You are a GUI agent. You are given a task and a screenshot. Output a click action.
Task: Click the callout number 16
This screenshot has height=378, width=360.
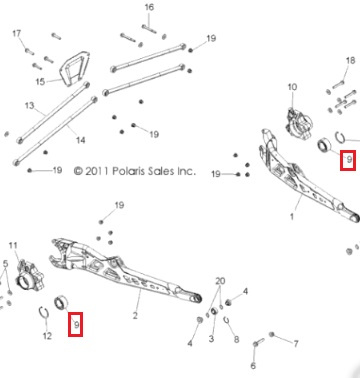[149, 7]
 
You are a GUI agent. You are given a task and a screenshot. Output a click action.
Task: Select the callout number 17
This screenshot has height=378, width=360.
[17, 34]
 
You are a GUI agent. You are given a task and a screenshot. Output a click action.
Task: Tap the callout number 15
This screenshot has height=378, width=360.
[40, 81]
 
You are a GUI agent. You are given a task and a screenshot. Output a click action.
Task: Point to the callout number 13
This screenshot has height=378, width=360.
[30, 106]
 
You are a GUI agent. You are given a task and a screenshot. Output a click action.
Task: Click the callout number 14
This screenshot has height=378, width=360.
[80, 140]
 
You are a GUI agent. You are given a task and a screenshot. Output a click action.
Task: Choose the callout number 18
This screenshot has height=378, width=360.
[350, 60]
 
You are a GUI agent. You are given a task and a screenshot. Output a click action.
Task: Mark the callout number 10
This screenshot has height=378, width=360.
[292, 87]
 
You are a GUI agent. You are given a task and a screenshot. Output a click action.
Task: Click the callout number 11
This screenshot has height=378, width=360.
[13, 246]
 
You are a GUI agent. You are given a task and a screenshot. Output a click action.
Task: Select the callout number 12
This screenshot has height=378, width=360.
[47, 336]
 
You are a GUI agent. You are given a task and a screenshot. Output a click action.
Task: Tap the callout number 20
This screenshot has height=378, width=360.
[220, 281]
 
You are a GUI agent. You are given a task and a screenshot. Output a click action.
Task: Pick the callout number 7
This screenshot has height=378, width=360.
[296, 343]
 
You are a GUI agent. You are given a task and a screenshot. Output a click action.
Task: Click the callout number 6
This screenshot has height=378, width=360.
[253, 366]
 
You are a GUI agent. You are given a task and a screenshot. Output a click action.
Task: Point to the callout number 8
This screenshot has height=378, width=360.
[236, 339]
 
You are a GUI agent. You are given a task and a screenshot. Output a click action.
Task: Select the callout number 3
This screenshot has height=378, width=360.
[211, 339]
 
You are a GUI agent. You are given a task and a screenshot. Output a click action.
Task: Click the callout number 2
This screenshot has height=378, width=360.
[135, 315]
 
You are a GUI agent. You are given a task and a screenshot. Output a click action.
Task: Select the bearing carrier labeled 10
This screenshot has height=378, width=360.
[300, 122]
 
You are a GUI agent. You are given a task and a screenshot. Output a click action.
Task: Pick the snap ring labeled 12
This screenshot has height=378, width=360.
[43, 313]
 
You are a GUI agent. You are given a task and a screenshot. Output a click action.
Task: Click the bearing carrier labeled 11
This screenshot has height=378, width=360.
[30, 275]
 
